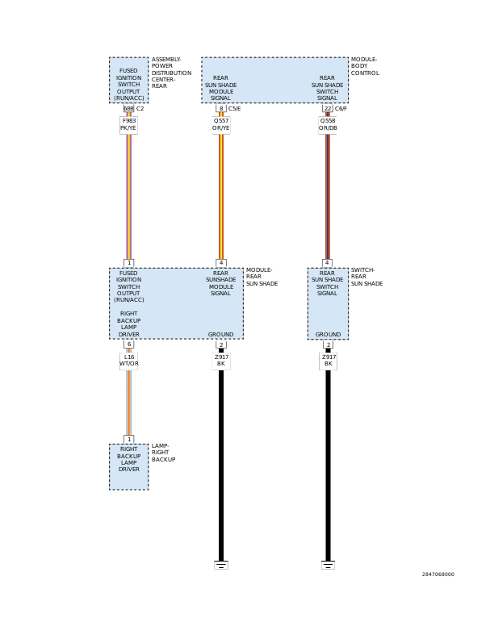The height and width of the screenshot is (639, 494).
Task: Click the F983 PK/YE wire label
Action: pyautogui.click(x=128, y=125)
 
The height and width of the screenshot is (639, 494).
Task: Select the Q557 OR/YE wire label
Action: pyautogui.click(x=221, y=125)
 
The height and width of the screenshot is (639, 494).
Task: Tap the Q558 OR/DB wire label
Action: pyautogui.click(x=328, y=125)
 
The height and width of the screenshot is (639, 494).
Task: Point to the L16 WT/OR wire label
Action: pyautogui.click(x=129, y=361)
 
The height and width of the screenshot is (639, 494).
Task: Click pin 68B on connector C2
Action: pyautogui.click(x=128, y=109)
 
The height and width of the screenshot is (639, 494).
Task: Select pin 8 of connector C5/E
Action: pyautogui.click(x=221, y=109)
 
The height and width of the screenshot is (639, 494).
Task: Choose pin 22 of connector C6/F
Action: pyautogui.click(x=328, y=109)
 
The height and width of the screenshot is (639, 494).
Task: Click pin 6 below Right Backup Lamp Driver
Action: pyautogui.click(x=129, y=345)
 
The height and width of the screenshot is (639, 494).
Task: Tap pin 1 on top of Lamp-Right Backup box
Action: pyautogui.click(x=129, y=439)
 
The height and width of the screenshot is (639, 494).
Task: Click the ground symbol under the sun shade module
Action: pyautogui.click(x=221, y=565)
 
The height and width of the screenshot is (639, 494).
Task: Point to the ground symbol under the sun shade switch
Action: pyautogui.click(x=328, y=565)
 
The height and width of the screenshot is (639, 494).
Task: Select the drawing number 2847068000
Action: pyautogui.click(x=437, y=574)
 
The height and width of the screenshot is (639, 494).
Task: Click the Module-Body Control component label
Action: pyautogui.click(x=365, y=66)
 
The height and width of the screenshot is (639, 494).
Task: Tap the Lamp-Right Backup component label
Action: pyautogui.click(x=163, y=453)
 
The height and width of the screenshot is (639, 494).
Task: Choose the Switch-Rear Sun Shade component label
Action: pyautogui.click(x=366, y=277)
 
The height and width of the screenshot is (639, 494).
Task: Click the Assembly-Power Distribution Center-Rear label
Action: pyautogui.click(x=171, y=73)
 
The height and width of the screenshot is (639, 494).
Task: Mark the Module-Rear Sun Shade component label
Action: pyautogui.click(x=262, y=277)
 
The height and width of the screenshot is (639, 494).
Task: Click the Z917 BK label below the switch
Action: pyautogui.click(x=328, y=361)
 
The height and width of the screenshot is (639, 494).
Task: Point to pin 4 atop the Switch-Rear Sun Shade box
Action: pyautogui.click(x=327, y=263)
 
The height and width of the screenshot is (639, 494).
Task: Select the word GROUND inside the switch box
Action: pyautogui.click(x=328, y=335)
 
